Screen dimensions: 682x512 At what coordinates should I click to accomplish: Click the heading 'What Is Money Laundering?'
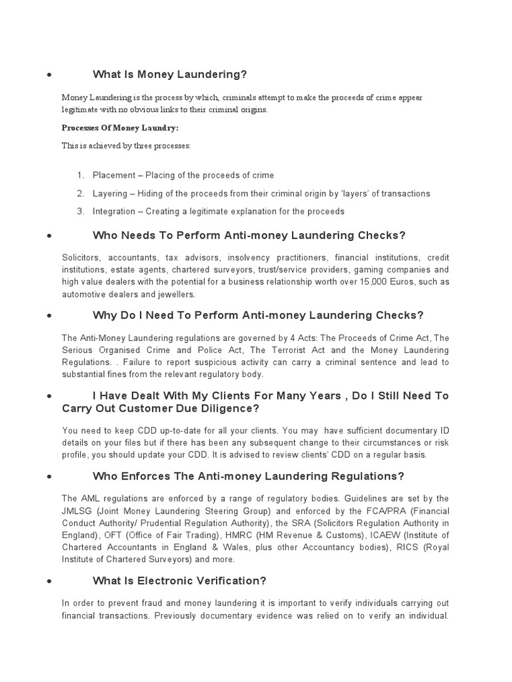170,74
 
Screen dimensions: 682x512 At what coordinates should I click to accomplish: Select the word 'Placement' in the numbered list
114,175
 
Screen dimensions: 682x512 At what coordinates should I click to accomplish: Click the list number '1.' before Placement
80,175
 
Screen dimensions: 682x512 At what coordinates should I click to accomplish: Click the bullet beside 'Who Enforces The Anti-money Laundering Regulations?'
49,478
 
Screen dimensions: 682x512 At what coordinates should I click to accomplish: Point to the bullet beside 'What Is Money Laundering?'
49,75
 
